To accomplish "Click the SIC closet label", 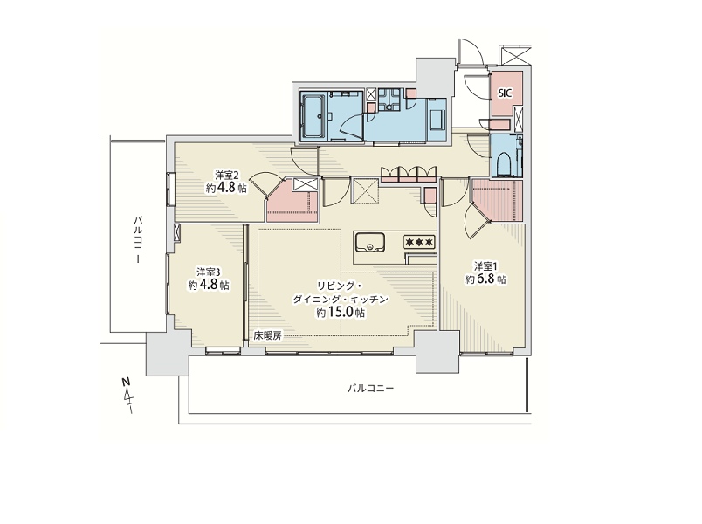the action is point(505,93).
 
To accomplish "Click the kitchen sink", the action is point(370,243).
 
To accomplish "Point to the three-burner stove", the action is point(419,242).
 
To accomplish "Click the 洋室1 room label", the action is point(485,267).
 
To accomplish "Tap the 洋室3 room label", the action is point(209,272).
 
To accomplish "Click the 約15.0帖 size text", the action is point(341,312).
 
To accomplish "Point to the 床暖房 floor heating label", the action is point(268,335).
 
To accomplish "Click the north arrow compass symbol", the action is point(128,395).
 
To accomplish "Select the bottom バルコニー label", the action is point(371,388).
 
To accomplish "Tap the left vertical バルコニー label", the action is point(138,239).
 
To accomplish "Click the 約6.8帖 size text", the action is point(485,279).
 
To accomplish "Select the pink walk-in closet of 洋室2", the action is point(292,200).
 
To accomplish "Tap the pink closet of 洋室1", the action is point(498,200).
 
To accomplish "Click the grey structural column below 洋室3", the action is point(168,354).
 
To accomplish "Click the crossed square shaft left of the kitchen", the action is point(366,192).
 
